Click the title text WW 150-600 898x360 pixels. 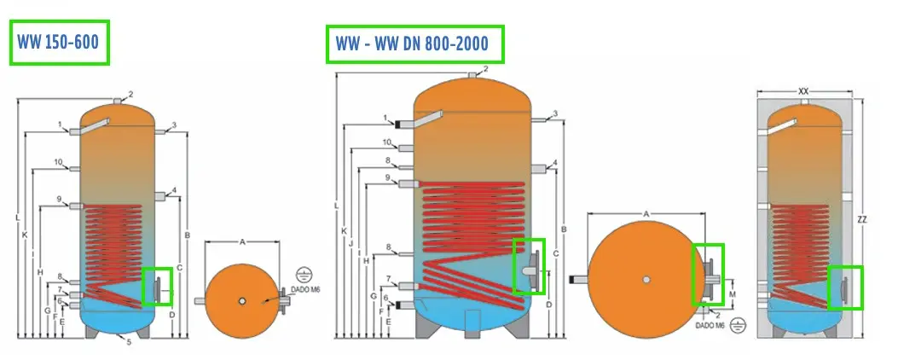tap(59, 43)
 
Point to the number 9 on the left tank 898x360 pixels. tap(60, 200)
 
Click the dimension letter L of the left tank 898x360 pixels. tap(17, 218)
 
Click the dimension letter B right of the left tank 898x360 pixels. tap(186, 235)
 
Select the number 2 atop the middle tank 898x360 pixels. tap(485, 69)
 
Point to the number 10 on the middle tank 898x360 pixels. tap(387, 142)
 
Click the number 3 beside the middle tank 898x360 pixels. tap(555, 113)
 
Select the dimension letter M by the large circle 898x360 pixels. tap(732, 295)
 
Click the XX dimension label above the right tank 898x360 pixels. tap(803, 90)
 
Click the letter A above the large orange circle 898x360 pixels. tap(646, 213)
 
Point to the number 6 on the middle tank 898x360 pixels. tap(387, 299)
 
